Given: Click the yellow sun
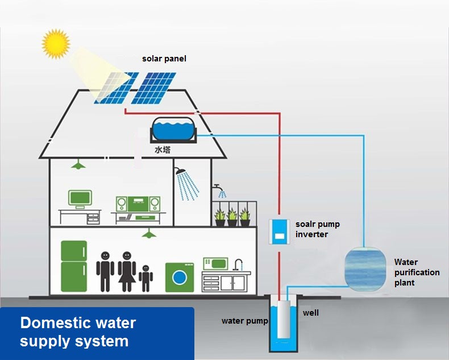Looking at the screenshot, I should pos(55,44).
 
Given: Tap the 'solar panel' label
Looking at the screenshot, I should pos(164,59).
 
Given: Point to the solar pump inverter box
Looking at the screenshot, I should pos(279,231).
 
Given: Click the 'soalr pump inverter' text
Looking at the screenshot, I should pos(317,229).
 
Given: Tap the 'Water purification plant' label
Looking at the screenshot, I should pos(417,272).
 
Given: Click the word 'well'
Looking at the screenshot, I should pos(310,313).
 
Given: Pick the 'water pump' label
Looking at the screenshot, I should pos(244,321).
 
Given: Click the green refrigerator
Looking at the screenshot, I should pos(74,266).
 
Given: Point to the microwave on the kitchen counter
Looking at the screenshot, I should pos(215,264).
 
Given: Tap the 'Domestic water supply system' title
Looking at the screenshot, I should pos(78,332).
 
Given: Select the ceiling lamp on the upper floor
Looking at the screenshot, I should pos(78,165).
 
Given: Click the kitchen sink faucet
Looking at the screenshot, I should pos(239,263).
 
